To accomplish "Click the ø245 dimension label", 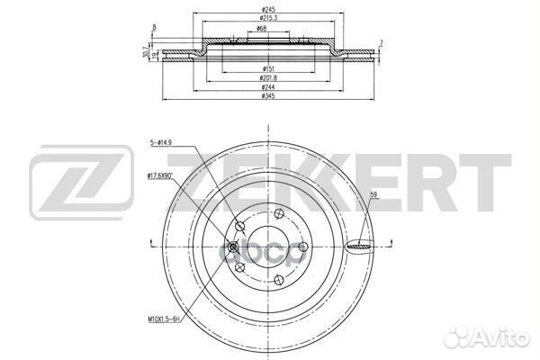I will [268, 10].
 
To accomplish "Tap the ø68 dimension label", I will [260, 30].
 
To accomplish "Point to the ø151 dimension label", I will [268, 68].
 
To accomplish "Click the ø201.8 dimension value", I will [268, 78].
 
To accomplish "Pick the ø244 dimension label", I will [268, 87].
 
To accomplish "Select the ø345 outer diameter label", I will [268, 96].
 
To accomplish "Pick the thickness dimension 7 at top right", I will [382, 43].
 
